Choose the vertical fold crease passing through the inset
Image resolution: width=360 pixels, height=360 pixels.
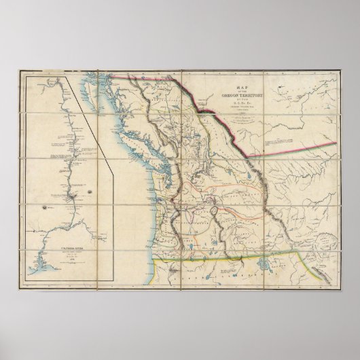[98, 204]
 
